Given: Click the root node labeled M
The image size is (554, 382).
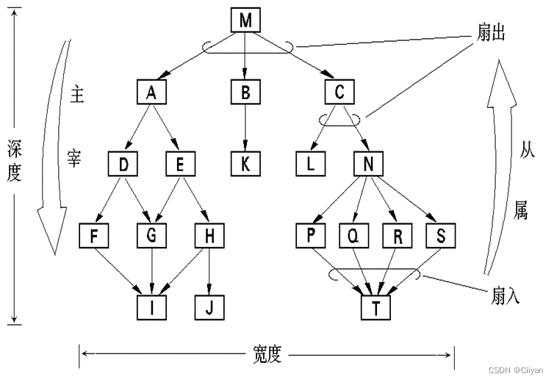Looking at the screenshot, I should point(245,21).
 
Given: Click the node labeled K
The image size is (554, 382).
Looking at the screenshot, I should point(245,163).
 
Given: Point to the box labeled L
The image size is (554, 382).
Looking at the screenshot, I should point(311,163).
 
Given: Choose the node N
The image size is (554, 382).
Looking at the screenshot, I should point(369,163).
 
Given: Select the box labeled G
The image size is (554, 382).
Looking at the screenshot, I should point(152,235).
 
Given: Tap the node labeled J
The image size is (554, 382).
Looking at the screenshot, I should point(210,306).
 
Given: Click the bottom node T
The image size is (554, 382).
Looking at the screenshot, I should point(376,306).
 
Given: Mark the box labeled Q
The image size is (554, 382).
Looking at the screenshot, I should point(353,235).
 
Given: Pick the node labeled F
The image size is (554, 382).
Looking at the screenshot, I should point(95,235).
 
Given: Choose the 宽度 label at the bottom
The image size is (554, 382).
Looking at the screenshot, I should point(265,354).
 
